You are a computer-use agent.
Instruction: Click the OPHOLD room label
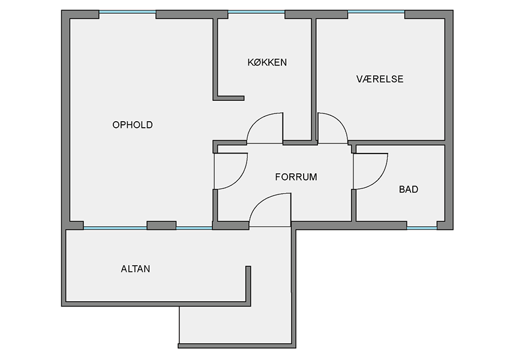pos(133,125)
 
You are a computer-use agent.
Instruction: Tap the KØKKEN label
pos(268,62)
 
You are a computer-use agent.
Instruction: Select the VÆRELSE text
pos(380,79)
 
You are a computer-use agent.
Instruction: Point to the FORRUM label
pos(296,177)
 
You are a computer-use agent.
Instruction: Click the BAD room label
pos(409,189)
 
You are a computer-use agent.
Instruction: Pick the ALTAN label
pos(136,269)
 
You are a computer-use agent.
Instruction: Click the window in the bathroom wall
pos(422,228)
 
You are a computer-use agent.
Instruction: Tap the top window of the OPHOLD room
pos(127,13)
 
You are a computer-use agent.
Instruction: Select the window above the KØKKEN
pos(256,13)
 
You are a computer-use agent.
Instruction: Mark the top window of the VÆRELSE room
pos(376,13)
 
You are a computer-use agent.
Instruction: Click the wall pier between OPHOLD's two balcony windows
pos(161,226)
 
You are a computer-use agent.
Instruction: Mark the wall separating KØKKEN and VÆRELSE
pos(314,79)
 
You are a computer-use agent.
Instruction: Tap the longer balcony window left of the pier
pos(115,228)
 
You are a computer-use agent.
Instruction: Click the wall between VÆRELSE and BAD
pos(397,143)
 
